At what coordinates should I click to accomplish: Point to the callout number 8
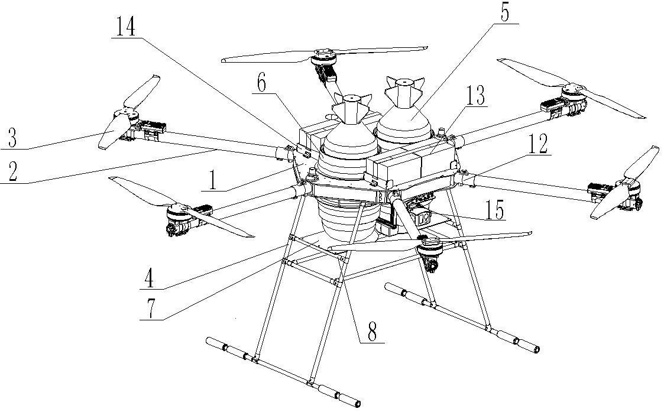click(x=372, y=332)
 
